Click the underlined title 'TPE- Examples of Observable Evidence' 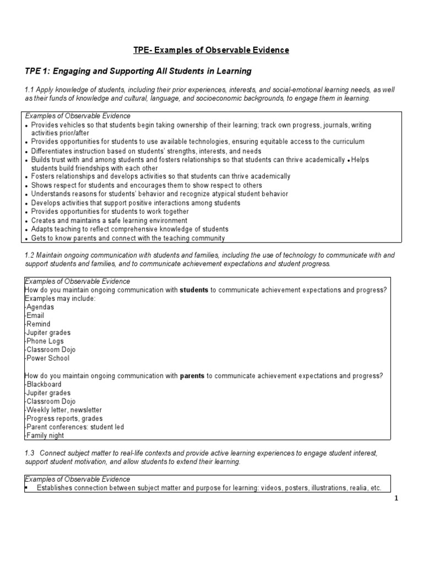click(x=211, y=51)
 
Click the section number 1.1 click(x=31, y=90)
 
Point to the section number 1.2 click(x=31, y=255)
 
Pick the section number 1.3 click(x=31, y=452)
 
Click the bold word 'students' click(x=194, y=290)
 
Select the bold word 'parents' click(x=192, y=376)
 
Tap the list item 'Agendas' click(x=40, y=307)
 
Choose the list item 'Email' click(x=36, y=316)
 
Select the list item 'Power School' click(x=48, y=358)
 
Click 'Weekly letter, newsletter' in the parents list click(x=64, y=410)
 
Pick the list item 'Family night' click(x=45, y=435)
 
